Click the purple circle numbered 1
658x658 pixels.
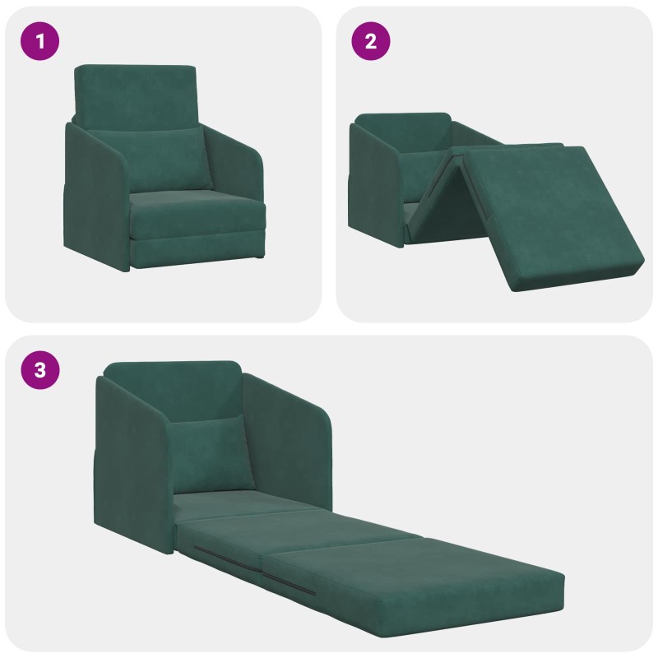(39, 41)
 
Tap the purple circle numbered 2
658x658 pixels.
(371, 41)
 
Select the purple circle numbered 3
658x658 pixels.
(39, 370)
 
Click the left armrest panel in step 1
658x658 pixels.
(95, 197)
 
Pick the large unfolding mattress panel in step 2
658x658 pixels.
(554, 214)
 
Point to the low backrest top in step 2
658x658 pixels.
(403, 126)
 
